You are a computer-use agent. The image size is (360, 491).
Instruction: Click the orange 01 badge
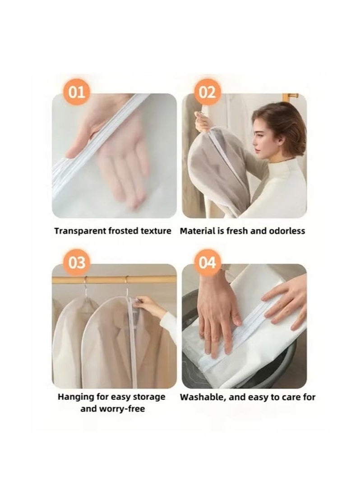point(77,92)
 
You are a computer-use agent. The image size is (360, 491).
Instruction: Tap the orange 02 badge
point(207,92)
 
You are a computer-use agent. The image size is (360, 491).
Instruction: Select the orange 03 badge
point(77,263)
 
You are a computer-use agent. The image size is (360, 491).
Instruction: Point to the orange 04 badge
point(207,263)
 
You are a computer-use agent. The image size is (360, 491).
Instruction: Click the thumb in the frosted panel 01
point(81,144)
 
